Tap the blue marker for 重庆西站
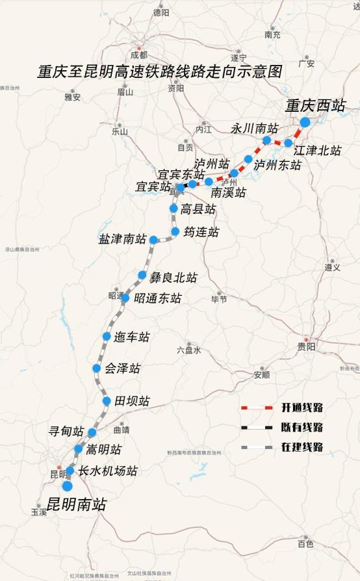point(305,123)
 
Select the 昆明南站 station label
point(77,504)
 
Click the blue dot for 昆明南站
point(67,485)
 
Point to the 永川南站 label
point(254,128)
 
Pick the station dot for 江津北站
point(289,142)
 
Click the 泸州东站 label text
point(277,165)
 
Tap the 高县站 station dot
point(174,209)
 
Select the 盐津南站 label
point(122,240)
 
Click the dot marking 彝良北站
point(142,275)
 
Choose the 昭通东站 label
point(158,298)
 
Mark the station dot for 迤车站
point(107,336)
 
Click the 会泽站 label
point(123,368)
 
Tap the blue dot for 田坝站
point(107,400)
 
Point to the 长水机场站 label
point(108,471)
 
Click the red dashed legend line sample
point(256,407)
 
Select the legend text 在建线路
point(302,447)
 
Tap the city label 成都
point(139,55)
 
